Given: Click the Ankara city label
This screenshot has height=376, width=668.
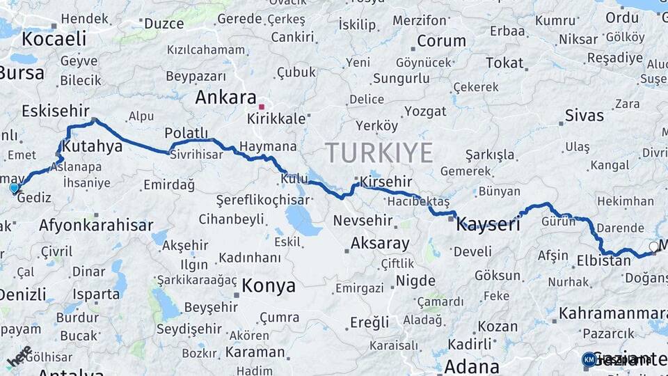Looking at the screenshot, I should click(x=225, y=97).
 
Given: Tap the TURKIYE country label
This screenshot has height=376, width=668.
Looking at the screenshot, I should click(x=379, y=152).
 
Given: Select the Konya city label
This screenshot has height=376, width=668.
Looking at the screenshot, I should click(x=269, y=285).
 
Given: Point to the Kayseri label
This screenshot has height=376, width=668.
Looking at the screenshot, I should click(x=489, y=224).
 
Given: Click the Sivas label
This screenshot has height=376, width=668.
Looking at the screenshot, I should click(x=584, y=115).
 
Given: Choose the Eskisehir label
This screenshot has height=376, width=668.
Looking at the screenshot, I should click(x=56, y=111).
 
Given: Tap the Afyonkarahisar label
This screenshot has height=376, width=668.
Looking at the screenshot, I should click(x=96, y=226).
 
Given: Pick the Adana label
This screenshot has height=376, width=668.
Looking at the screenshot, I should click(x=472, y=366).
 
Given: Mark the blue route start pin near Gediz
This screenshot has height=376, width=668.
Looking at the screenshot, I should click(x=14, y=187).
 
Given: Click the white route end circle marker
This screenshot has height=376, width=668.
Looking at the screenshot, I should click(x=653, y=246).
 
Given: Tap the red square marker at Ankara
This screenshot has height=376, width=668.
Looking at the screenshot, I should click(x=262, y=107).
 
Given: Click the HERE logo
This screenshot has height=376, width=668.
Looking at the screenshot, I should click(x=19, y=357).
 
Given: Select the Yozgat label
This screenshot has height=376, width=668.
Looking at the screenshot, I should click(x=425, y=111).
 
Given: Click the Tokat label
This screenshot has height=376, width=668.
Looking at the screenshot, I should click(x=504, y=63).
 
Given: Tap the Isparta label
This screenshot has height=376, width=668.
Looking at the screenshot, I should click(x=96, y=294).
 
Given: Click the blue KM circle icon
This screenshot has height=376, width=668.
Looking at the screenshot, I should click(x=589, y=359).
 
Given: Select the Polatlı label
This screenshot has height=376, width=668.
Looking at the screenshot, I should click(x=186, y=132).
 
